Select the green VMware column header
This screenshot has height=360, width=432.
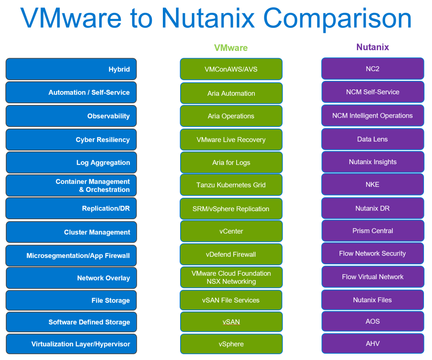click(231, 48)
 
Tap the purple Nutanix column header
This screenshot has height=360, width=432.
click(373, 47)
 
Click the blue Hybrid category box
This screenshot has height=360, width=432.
click(71, 69)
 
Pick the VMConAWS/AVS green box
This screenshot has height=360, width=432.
click(231, 69)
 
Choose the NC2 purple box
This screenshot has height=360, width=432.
click(373, 69)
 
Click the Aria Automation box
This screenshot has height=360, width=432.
click(231, 93)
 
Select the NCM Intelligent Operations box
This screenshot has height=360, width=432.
click(373, 116)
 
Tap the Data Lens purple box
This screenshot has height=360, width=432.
click(373, 139)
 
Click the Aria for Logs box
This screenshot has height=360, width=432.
click(231, 163)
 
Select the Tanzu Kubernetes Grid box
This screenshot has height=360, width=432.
click(231, 185)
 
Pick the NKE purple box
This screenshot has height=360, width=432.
click(373, 185)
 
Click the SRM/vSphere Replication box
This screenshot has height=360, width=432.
click(231, 209)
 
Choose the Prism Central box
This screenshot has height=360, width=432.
click(373, 231)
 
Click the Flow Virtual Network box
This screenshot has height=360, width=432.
click(373, 277)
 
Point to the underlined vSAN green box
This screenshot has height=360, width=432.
click(231, 322)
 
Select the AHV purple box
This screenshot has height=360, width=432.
click(373, 343)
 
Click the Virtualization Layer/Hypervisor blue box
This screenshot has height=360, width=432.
click(71, 344)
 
